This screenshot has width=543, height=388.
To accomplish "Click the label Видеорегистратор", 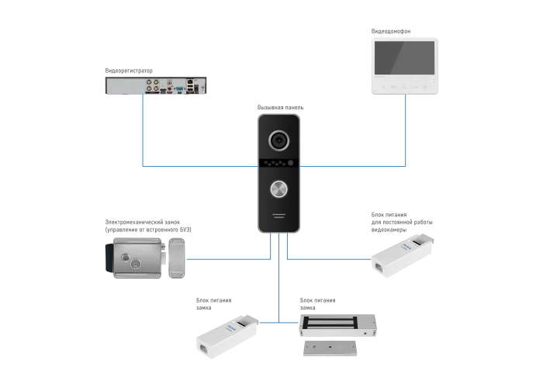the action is (129, 71).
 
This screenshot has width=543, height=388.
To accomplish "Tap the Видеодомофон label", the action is (391, 31).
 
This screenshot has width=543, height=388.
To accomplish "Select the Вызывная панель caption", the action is (280, 107).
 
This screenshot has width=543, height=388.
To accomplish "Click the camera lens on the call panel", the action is (278, 140).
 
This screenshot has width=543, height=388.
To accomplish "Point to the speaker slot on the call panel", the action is (278, 216).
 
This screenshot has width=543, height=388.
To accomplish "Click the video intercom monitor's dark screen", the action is (404, 57).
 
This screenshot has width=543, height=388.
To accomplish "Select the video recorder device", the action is (156, 85).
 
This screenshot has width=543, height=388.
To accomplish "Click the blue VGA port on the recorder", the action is (180, 89).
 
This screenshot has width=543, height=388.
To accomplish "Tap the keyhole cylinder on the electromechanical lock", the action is (135, 265).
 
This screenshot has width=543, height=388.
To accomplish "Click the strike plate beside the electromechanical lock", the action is (177, 258).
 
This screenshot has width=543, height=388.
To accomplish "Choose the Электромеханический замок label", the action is (142, 222).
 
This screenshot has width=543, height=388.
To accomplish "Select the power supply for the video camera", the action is (403, 255).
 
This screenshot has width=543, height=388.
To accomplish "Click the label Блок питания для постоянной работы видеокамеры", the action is (402, 222).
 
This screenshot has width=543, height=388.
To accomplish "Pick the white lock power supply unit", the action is (227, 337).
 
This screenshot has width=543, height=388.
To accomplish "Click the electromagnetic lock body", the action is (337, 325).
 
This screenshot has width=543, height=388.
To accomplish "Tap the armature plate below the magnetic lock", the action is (330, 348).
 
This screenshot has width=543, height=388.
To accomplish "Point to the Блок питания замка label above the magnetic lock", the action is (317, 304).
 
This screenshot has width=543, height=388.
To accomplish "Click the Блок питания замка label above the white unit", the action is (213, 304).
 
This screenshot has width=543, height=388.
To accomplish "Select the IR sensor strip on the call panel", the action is (278, 163).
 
